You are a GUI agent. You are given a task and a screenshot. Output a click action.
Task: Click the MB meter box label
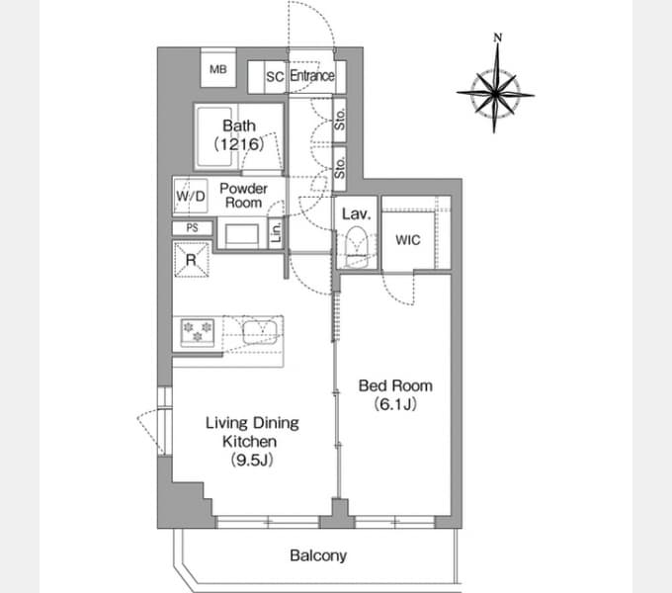click(218, 69)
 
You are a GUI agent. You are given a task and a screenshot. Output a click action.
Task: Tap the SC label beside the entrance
click(275, 77)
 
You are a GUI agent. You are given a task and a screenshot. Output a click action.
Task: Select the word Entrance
click(312, 76)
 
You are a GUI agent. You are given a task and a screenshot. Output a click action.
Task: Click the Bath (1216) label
click(239, 135)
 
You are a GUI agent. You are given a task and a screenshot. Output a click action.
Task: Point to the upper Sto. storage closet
click(339, 121)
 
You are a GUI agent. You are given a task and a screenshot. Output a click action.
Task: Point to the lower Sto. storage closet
click(339, 168)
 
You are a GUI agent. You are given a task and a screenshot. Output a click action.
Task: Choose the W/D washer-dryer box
click(191, 197)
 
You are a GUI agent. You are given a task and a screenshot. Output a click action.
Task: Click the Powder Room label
click(243, 196)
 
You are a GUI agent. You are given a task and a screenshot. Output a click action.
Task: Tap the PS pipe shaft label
click(193, 228)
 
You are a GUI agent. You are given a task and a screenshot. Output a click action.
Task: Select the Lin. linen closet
click(276, 232)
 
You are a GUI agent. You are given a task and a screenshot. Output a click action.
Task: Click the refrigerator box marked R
click(191, 259)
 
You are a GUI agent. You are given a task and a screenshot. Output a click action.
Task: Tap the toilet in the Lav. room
click(357, 247)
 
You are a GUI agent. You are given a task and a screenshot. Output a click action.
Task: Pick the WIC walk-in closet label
click(408, 240)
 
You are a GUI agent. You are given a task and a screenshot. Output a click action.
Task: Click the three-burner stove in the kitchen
click(198, 332)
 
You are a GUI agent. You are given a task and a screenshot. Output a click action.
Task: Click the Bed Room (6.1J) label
click(395, 394)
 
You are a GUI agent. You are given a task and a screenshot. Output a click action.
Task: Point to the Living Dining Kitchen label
click(252, 442)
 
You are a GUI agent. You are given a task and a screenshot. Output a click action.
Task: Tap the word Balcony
click(318, 555)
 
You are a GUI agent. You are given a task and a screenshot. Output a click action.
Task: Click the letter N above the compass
click(497, 38)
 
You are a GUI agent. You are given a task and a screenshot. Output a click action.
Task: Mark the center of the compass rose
click(495, 93)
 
